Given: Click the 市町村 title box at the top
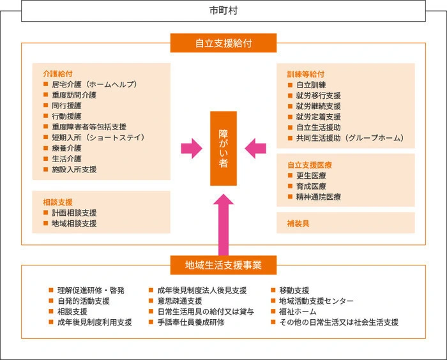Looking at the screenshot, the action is tap(223, 11).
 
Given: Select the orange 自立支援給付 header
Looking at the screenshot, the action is tap(223, 43).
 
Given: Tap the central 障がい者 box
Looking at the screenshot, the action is tap(223, 149).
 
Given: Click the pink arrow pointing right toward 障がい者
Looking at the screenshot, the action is tap(192, 149).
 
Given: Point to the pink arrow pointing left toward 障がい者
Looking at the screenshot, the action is tap(255, 149).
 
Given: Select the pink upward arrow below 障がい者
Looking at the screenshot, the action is tap(223, 225).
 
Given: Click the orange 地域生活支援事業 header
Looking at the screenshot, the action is tap(223, 265).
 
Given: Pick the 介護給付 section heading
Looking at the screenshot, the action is tap(57, 74).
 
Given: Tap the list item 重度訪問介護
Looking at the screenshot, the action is tap(74, 95).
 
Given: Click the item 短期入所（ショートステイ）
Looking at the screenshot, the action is tap(98, 137).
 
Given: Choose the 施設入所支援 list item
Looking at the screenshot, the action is tap(74, 169).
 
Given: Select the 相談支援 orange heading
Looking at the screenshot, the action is tap(57, 202).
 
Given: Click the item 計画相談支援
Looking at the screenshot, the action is tap(74, 213).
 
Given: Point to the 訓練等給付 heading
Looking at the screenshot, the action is tap(306, 74).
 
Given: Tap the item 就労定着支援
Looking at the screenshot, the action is tap(319, 117).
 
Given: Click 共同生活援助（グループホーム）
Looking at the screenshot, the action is tap(351, 138).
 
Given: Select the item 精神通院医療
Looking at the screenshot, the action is tap(319, 197).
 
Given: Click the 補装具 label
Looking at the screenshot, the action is tap(298, 223).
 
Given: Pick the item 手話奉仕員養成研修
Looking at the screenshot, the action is tap(191, 322).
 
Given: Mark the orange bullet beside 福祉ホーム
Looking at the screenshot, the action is tap(273, 311).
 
